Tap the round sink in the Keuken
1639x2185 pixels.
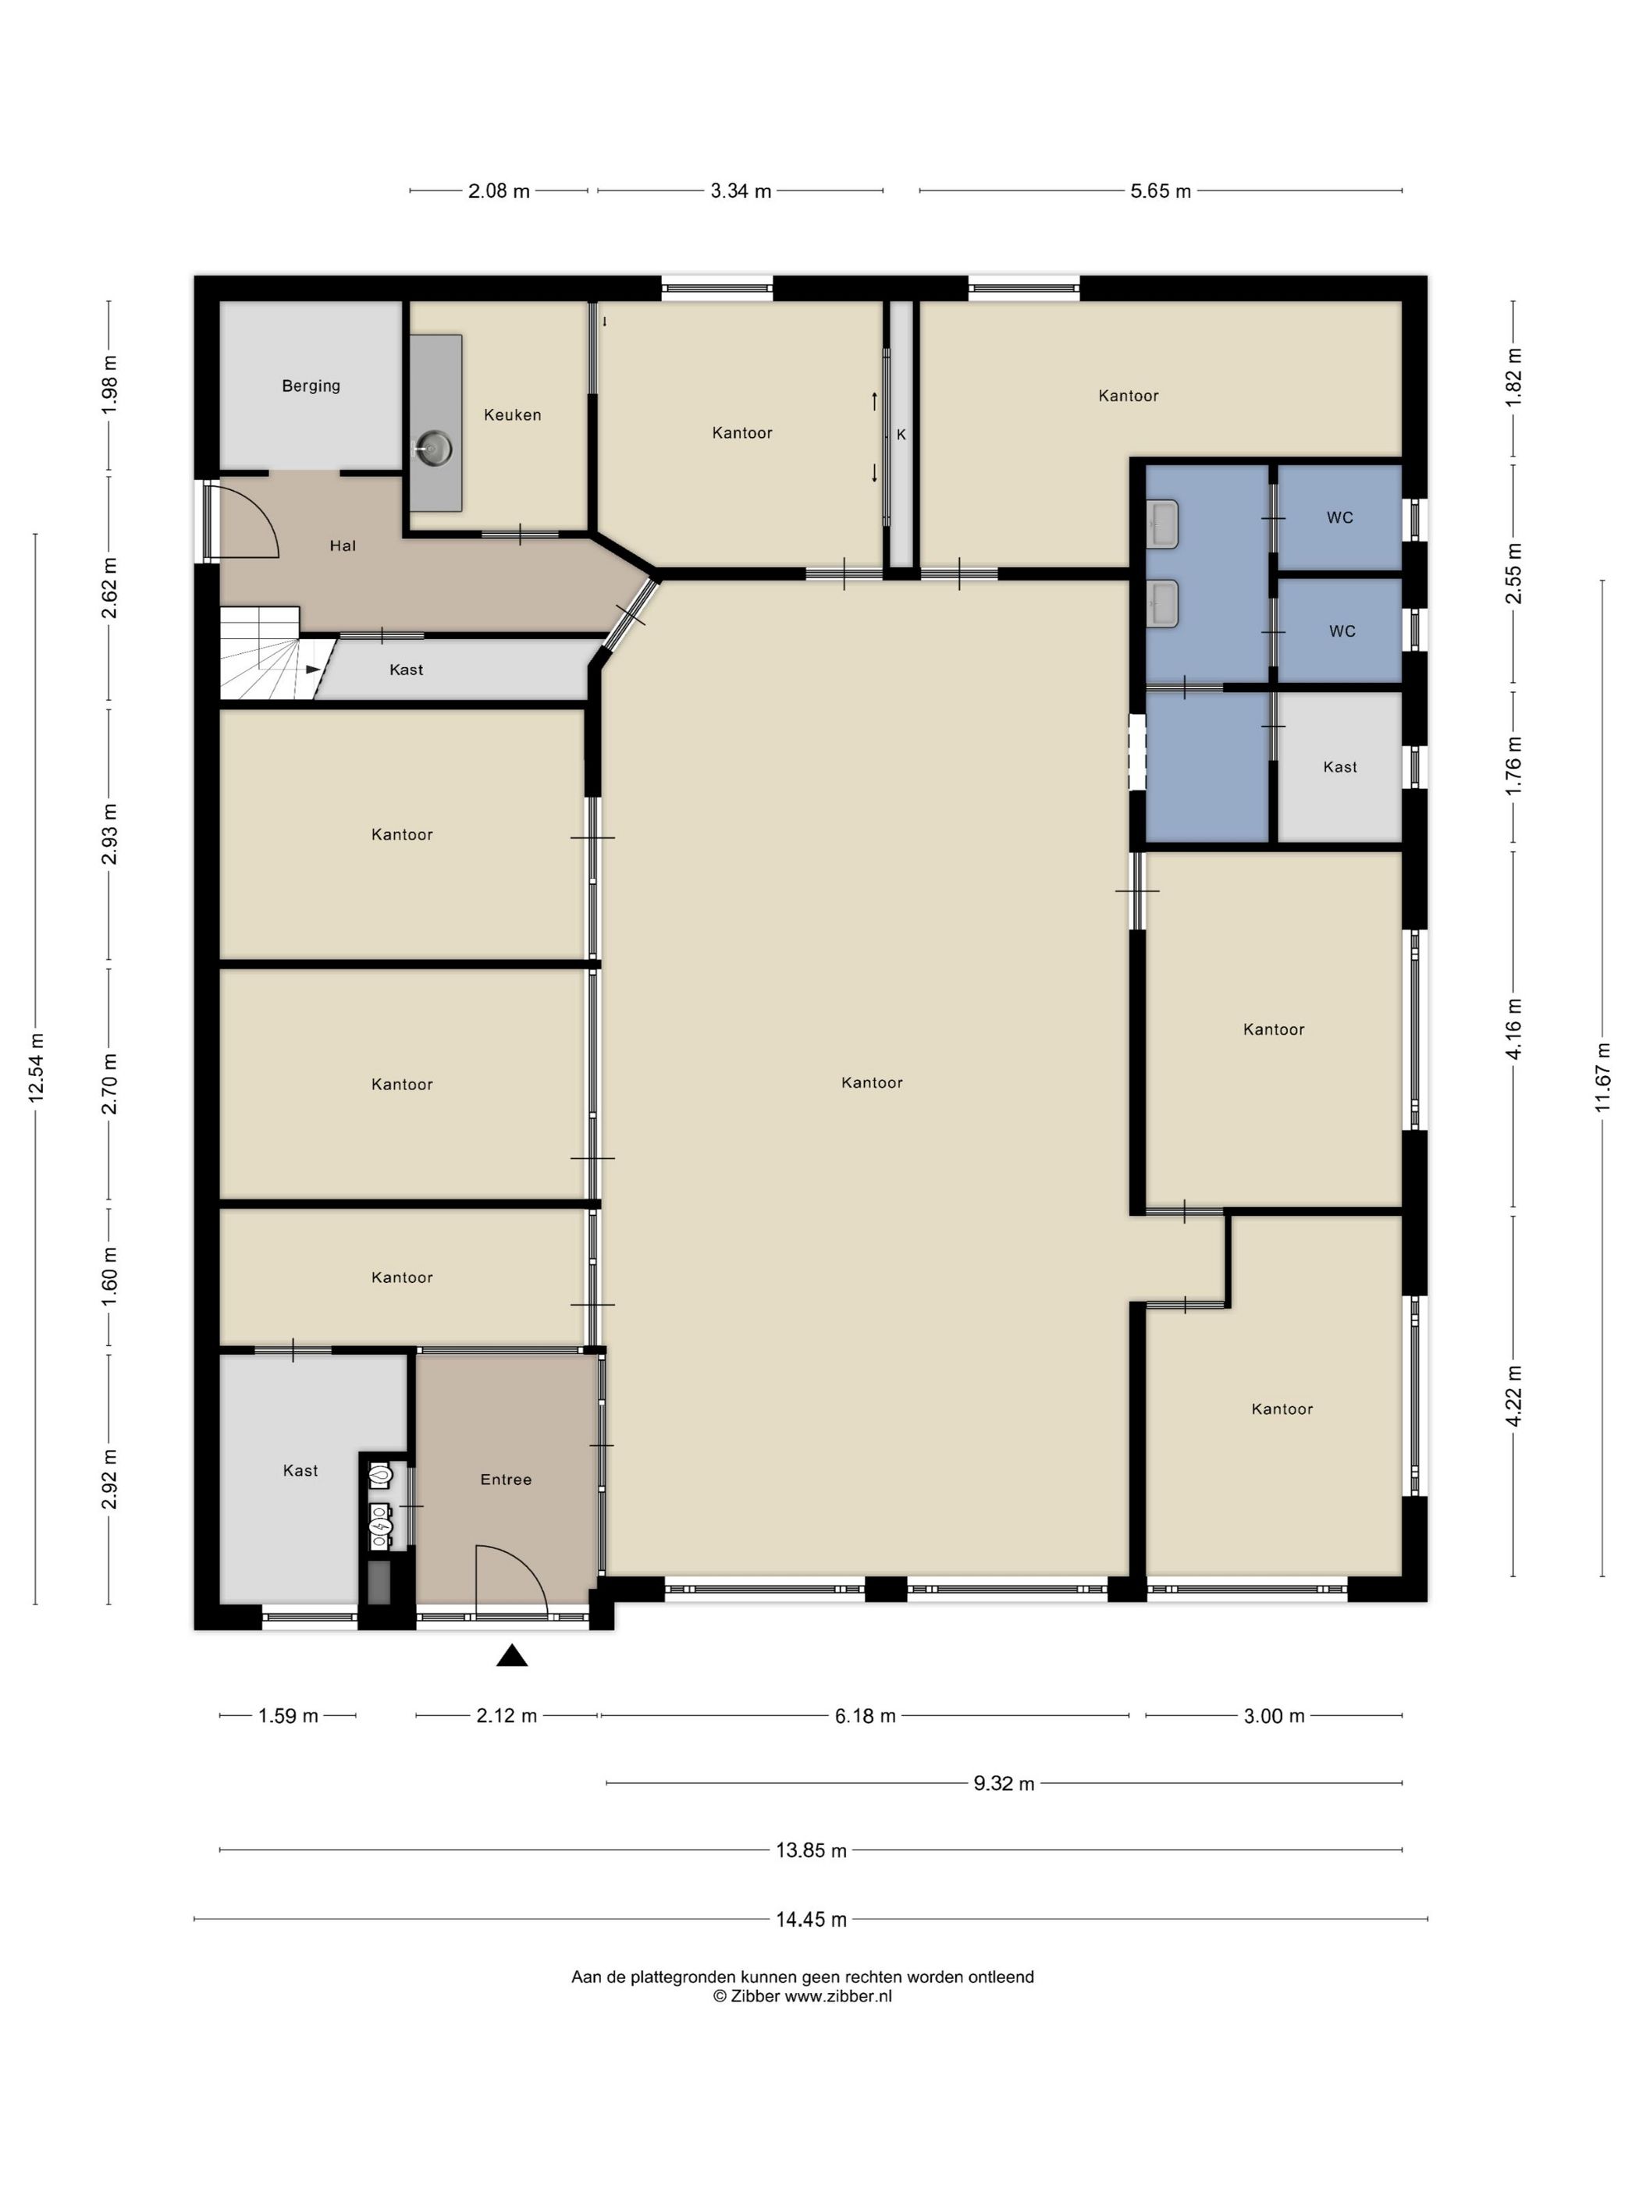pyautogui.click(x=432, y=449)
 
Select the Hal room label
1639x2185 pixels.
pyautogui.click(x=343, y=545)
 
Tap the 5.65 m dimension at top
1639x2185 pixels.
pyautogui.click(x=1160, y=192)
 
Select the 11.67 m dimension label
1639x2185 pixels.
pyautogui.click(x=1602, y=1078)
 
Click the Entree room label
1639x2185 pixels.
pyautogui.click(x=506, y=1480)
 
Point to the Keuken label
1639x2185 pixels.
pyautogui.click(x=513, y=415)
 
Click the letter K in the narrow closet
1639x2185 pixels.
pyautogui.click(x=901, y=435)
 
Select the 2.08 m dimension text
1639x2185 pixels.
pyautogui.click(x=499, y=192)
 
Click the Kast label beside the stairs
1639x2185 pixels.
pyautogui.click(x=406, y=670)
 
